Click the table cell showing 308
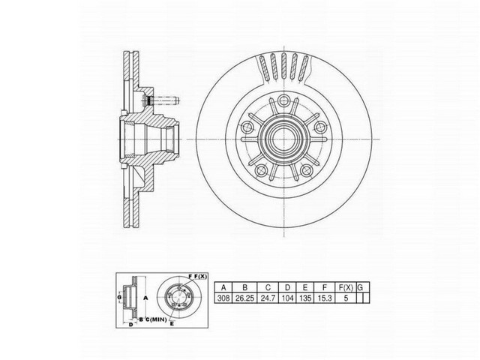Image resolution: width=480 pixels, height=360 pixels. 221,298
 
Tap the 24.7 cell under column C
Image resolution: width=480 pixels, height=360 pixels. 268,298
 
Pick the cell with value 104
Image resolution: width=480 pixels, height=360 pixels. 289,298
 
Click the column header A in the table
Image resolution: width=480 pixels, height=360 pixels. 221,286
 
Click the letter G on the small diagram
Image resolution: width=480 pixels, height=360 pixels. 119,298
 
